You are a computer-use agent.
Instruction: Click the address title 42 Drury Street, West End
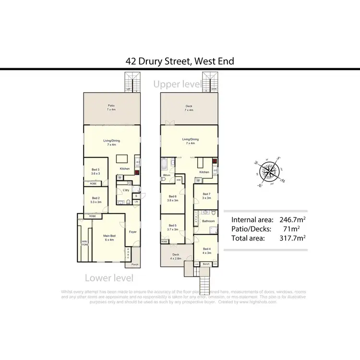point(180,61)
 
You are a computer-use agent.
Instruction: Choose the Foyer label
point(132,232)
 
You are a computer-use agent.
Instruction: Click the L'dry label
point(126,191)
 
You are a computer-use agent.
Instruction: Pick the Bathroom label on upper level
point(208,221)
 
